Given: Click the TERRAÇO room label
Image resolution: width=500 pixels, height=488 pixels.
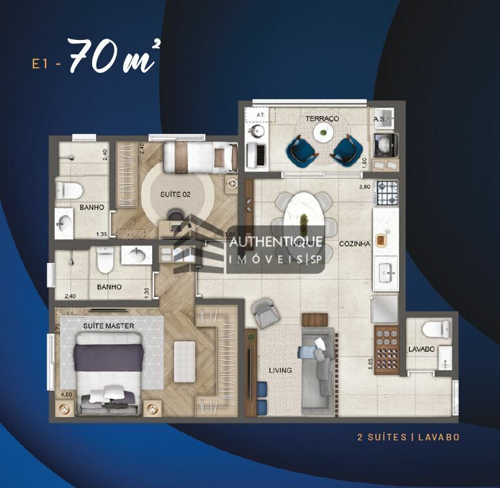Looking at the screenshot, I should pyautogui.click(x=322, y=119).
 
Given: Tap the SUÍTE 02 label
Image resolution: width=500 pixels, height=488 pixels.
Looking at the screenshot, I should pyautogui.click(x=176, y=193).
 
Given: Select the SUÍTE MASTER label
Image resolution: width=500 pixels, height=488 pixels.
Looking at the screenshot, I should pyautogui.click(x=108, y=326).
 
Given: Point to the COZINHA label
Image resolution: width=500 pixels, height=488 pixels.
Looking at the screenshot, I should pyautogui.click(x=354, y=244).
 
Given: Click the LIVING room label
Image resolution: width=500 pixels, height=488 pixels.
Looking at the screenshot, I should pyautogui.click(x=280, y=370).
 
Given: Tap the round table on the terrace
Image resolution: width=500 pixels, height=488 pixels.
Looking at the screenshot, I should pyautogui.click(x=322, y=133).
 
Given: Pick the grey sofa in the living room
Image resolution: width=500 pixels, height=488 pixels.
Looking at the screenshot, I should pyautogui.click(x=318, y=362).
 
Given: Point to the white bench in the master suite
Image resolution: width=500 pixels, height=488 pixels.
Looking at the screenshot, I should pyautogui.click(x=184, y=360).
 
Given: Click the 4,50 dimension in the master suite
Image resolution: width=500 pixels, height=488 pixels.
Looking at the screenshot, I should pyautogui.click(x=66, y=394).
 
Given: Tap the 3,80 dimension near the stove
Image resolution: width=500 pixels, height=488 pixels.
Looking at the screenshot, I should pyautogui.click(x=365, y=188).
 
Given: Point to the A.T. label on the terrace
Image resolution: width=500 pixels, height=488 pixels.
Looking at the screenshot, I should pyautogui.click(x=261, y=113).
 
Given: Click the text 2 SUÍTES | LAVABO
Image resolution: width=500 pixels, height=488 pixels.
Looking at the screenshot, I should pyautogui.click(x=409, y=437).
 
